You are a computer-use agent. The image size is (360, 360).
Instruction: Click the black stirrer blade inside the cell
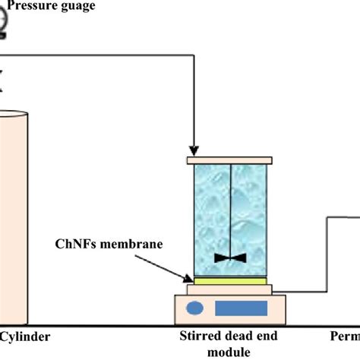(x=230, y=258)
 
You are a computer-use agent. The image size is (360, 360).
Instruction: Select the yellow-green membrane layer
(x=230, y=281)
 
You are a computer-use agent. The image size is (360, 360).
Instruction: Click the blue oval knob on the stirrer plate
(x=196, y=308)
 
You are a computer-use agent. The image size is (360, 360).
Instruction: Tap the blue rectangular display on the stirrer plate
(x=241, y=308)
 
